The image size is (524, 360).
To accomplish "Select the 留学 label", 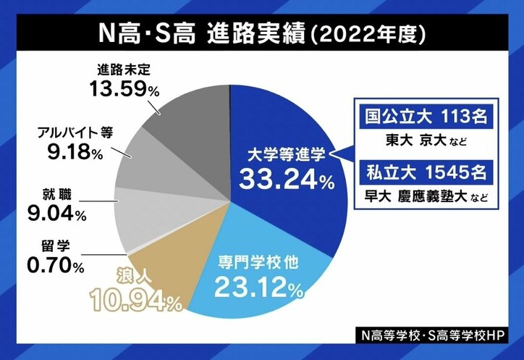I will (x=48, y=247).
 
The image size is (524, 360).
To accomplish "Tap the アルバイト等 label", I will (x=69, y=135).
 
